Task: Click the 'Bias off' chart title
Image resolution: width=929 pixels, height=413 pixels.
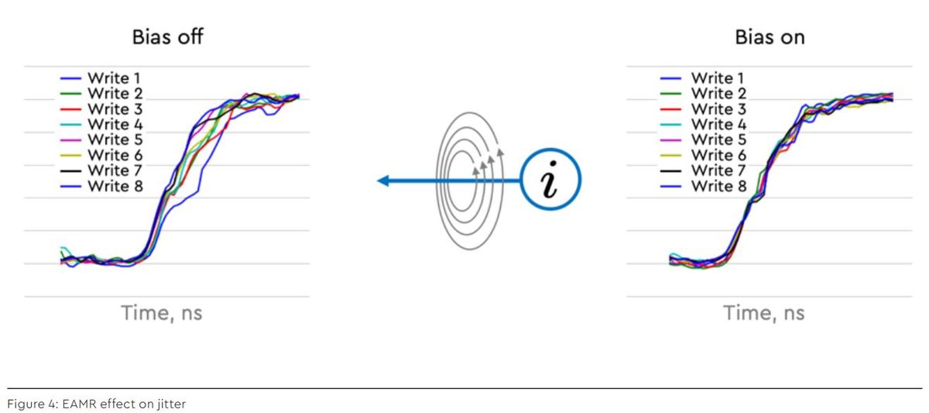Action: point(167,37)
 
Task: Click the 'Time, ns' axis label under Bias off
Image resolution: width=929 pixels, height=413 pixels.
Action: point(161,313)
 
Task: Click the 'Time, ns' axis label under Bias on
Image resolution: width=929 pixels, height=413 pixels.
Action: point(763,313)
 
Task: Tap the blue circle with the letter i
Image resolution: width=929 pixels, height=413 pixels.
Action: point(550,180)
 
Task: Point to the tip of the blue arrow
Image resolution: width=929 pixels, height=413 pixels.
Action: point(379,181)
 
